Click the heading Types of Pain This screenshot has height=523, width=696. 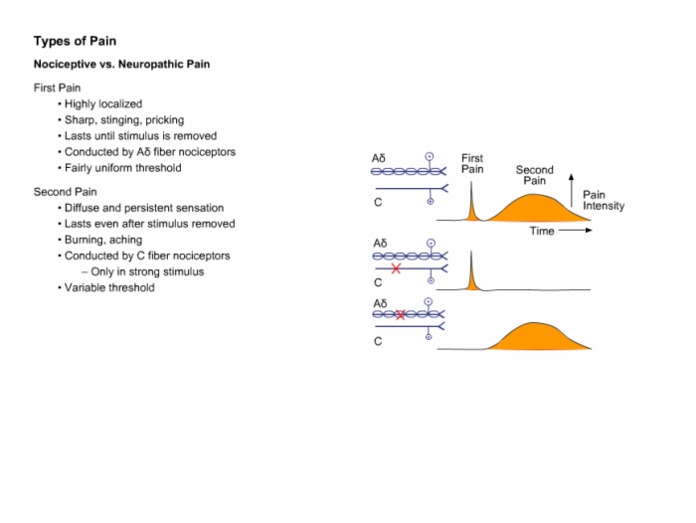coord(75,42)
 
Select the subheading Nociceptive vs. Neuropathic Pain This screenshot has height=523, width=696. coord(121,65)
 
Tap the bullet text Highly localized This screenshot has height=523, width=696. coord(103,103)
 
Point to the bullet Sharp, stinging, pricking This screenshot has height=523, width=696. coord(124,120)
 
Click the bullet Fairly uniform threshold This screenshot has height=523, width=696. coord(123,168)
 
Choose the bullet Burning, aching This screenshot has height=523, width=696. coord(103,240)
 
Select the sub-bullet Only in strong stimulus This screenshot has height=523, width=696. coord(147,271)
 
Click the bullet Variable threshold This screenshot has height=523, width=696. coord(109,287)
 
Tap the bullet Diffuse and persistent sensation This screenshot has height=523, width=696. coord(144,208)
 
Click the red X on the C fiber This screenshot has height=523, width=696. coord(396,268)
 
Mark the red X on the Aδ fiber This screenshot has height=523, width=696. coord(401,315)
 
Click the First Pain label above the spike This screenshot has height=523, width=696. coord(472,164)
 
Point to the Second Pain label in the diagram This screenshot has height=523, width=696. coord(535,175)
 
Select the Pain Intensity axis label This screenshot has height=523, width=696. coord(604,200)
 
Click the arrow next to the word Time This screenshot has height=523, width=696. coord(576,230)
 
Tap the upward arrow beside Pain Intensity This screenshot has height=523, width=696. coord(572,191)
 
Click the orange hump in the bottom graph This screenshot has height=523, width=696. coord(537,337)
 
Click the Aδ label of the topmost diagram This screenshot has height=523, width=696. coord(379,158)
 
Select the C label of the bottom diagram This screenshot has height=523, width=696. coord(378,341)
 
